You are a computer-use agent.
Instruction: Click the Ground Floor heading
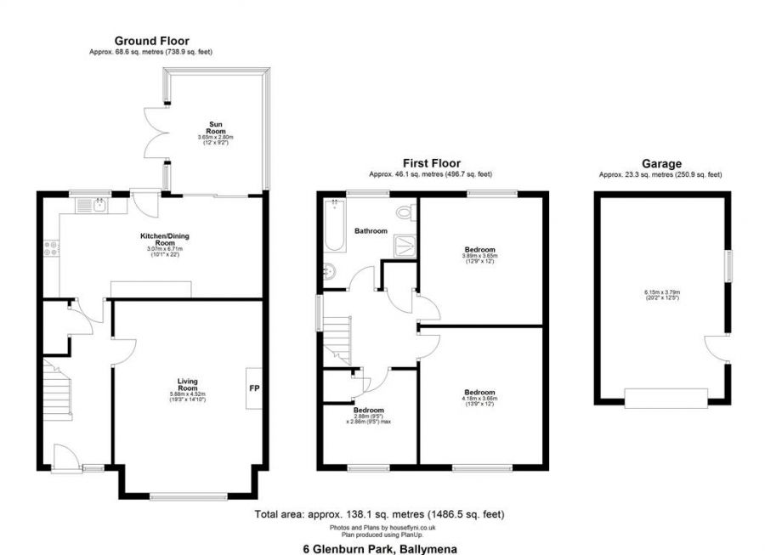point(151,40)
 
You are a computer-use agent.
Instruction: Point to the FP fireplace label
point(253,388)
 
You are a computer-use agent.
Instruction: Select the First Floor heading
point(431,162)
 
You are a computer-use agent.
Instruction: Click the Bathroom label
point(371,230)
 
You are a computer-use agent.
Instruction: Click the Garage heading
point(660,163)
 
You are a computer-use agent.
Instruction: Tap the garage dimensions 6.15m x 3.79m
point(660,297)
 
